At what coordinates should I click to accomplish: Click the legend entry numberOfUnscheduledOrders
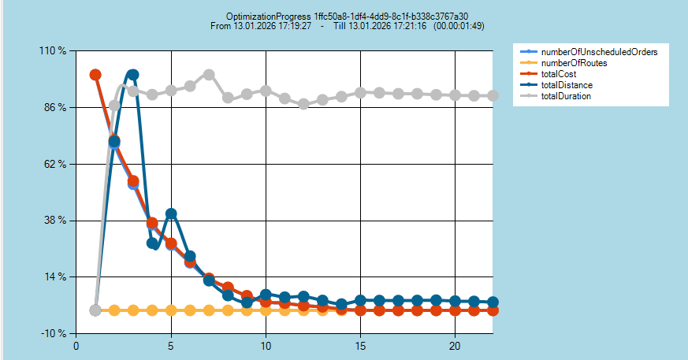[x=599, y=51]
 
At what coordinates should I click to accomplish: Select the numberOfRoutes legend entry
[x=574, y=62]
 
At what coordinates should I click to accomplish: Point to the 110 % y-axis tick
[x=53, y=51]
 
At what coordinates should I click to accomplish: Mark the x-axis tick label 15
[x=360, y=345]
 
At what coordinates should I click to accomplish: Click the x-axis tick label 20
[x=455, y=345]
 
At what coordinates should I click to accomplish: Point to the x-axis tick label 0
[x=76, y=345]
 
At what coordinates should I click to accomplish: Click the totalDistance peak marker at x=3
[x=133, y=75]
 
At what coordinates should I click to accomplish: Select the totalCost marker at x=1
[x=95, y=75]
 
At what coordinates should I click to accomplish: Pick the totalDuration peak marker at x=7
[x=209, y=75]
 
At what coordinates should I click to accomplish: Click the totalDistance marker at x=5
[x=171, y=214]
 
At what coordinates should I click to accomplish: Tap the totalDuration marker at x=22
[x=493, y=95]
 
